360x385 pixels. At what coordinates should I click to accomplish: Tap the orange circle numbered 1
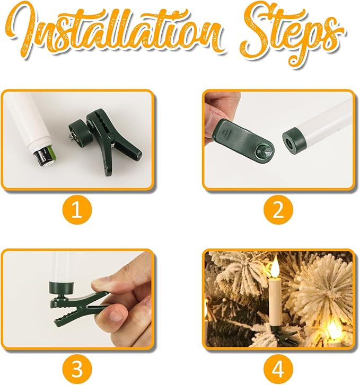[77, 210]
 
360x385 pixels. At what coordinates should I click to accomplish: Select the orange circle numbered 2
[278, 210]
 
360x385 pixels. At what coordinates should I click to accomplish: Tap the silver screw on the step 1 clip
[73, 136]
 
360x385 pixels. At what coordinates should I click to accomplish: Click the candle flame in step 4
[275, 268]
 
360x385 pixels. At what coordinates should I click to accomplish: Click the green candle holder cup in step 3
[60, 289]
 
